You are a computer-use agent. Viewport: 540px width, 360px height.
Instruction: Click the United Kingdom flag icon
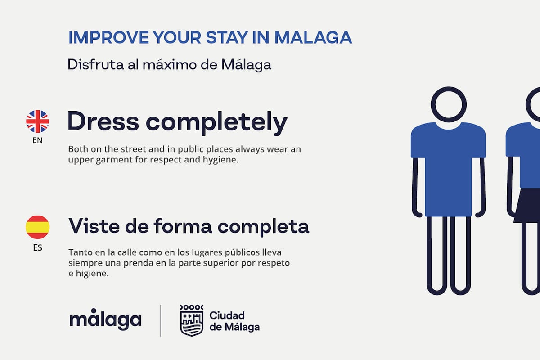pyautogui.click(x=37, y=121)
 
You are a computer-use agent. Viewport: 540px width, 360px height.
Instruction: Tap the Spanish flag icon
pyautogui.click(x=37, y=227)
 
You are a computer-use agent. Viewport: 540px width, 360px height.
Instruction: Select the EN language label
pyautogui.click(x=37, y=140)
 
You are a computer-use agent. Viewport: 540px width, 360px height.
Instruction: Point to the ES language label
pyautogui.click(x=37, y=247)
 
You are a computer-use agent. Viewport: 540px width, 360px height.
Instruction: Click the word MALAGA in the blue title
pyautogui.click(x=313, y=38)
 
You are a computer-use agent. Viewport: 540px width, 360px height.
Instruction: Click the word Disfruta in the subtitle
pyautogui.click(x=89, y=64)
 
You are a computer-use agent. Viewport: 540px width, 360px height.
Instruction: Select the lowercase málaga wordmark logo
pyautogui.click(x=105, y=319)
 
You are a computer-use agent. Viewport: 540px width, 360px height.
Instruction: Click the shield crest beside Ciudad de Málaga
pyautogui.click(x=192, y=320)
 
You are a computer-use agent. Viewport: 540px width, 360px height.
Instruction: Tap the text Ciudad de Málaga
pyautogui.click(x=234, y=321)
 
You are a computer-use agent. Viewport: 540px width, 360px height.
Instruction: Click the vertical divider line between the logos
pyautogui.click(x=161, y=320)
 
